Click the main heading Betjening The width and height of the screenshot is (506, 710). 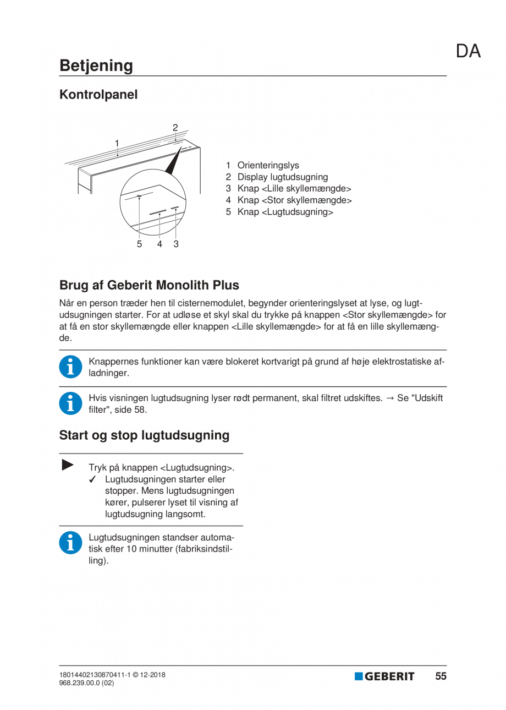(96, 65)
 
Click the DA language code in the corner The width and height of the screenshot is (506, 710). (468, 51)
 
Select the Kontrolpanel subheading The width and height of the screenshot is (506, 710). (98, 95)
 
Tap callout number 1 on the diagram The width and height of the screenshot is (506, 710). (117, 143)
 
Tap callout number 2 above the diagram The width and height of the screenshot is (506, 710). (175, 128)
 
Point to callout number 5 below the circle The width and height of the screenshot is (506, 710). (140, 244)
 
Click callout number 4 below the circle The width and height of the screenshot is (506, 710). (159, 244)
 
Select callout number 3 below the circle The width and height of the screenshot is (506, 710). (176, 244)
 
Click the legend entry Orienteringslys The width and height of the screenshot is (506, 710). (268, 165)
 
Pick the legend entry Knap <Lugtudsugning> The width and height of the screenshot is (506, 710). (285, 212)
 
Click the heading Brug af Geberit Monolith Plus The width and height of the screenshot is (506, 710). (149, 286)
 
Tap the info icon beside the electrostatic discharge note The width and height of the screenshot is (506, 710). (69, 367)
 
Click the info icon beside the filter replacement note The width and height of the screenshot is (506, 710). (69, 403)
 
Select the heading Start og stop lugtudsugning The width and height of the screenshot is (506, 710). (144, 435)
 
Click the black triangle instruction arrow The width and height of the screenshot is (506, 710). (68, 465)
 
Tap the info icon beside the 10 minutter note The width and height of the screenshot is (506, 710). (69, 543)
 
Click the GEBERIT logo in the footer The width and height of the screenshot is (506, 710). (384, 676)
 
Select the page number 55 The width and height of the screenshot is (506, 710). (441, 676)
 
